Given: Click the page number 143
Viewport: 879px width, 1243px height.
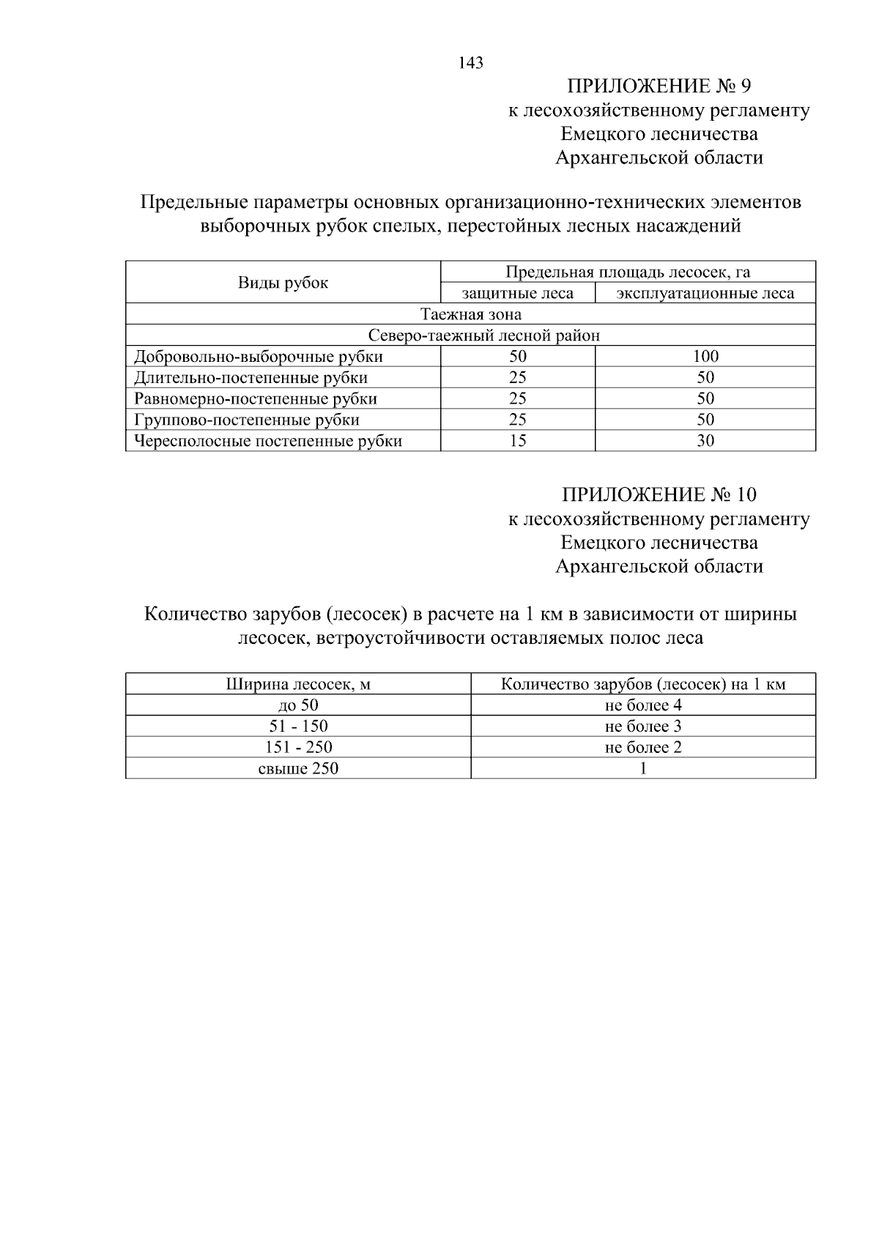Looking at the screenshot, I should [471, 63].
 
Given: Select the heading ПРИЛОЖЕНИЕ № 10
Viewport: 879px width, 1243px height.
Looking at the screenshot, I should [659, 494].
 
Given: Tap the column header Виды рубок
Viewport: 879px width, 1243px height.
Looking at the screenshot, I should [283, 283].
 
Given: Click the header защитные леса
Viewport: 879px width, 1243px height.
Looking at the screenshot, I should [517, 294].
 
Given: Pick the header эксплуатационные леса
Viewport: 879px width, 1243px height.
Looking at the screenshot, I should [705, 294].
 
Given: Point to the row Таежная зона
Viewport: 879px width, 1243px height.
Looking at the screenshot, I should [470, 314].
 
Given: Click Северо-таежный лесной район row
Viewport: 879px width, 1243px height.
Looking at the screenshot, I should [483, 335].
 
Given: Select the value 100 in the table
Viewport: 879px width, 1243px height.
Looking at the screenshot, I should [705, 357].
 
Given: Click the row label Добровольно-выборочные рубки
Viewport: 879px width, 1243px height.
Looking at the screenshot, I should [258, 357].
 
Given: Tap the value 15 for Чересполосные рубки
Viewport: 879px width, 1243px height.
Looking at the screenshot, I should [517, 441].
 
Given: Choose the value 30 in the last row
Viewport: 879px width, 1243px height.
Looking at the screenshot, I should [705, 441].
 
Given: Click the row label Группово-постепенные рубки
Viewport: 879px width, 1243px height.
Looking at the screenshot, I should [247, 420].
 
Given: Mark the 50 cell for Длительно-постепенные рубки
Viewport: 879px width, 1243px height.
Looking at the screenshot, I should [705, 378].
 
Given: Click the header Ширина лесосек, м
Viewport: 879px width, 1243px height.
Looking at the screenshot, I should [298, 685].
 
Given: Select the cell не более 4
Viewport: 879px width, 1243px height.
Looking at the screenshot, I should [643, 705].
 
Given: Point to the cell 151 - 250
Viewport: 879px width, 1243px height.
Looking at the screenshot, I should [298, 747].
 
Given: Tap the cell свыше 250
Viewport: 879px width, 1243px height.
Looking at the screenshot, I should [298, 768].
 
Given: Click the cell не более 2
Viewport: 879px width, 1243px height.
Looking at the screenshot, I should [643, 747].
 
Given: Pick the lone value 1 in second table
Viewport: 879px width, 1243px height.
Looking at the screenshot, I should [643, 768].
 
